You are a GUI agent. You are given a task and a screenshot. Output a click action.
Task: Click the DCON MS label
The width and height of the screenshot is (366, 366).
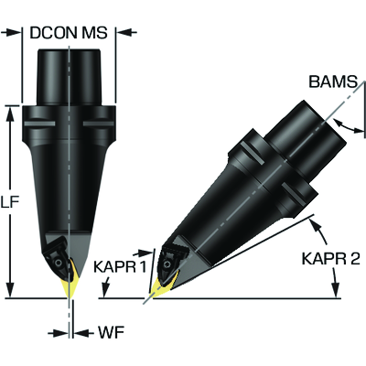pyautogui.click(x=69, y=33)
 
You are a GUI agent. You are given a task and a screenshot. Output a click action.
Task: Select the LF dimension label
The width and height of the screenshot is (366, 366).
pyautogui.click(x=10, y=202)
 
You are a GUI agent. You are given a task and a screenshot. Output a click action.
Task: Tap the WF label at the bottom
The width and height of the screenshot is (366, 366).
pyautogui.click(x=111, y=332)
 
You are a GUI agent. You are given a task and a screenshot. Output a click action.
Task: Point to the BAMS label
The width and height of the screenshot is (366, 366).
pyautogui.click(x=333, y=81)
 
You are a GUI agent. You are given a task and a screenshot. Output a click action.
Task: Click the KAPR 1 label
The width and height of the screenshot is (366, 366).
pyautogui.click(x=120, y=267)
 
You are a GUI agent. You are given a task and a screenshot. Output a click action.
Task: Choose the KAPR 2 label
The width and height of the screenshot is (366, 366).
pyautogui.click(x=331, y=259)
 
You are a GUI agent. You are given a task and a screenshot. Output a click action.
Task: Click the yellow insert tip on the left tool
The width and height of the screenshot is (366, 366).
pyautogui.click(x=70, y=285)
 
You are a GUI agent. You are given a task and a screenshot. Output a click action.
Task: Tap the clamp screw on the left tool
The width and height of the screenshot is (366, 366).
pyautogui.click(x=58, y=263)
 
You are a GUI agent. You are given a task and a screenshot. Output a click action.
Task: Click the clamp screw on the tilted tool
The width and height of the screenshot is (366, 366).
pyautogui.click(x=167, y=264)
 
